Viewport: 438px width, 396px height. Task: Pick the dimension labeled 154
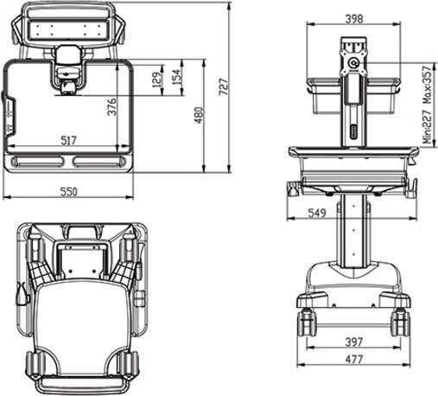tap(177, 76)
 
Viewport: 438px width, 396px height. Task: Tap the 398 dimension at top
tap(352, 18)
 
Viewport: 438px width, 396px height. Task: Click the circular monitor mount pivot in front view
tap(352, 61)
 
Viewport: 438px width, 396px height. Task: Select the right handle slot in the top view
tap(102, 161)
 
